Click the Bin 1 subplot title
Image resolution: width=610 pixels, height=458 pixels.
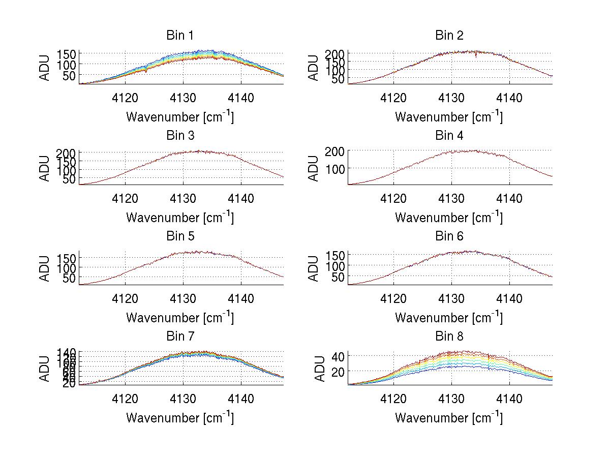point(179,36)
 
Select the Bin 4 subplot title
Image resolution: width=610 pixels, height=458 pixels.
point(449,136)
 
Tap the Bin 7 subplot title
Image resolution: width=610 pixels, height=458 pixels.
point(179,337)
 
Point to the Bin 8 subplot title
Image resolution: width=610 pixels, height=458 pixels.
point(449,337)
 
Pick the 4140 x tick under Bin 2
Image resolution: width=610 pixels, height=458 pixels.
point(509,98)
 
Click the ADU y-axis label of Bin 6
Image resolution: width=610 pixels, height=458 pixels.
point(314,268)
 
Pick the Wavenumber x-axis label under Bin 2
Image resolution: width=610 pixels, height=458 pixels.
point(449,117)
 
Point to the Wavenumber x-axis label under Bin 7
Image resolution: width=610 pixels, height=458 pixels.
point(179,418)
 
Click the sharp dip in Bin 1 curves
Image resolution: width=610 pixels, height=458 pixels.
point(146,70)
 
